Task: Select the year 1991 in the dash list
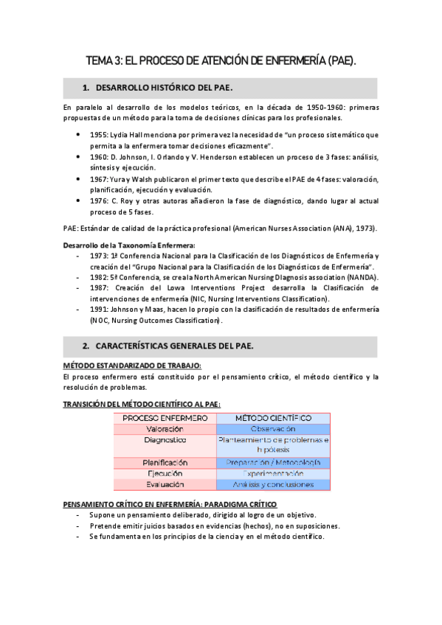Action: [x=100, y=310]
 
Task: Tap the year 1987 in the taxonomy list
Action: [x=100, y=287]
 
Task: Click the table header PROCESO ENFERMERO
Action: [x=165, y=418]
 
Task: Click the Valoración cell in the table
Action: [x=165, y=428]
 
